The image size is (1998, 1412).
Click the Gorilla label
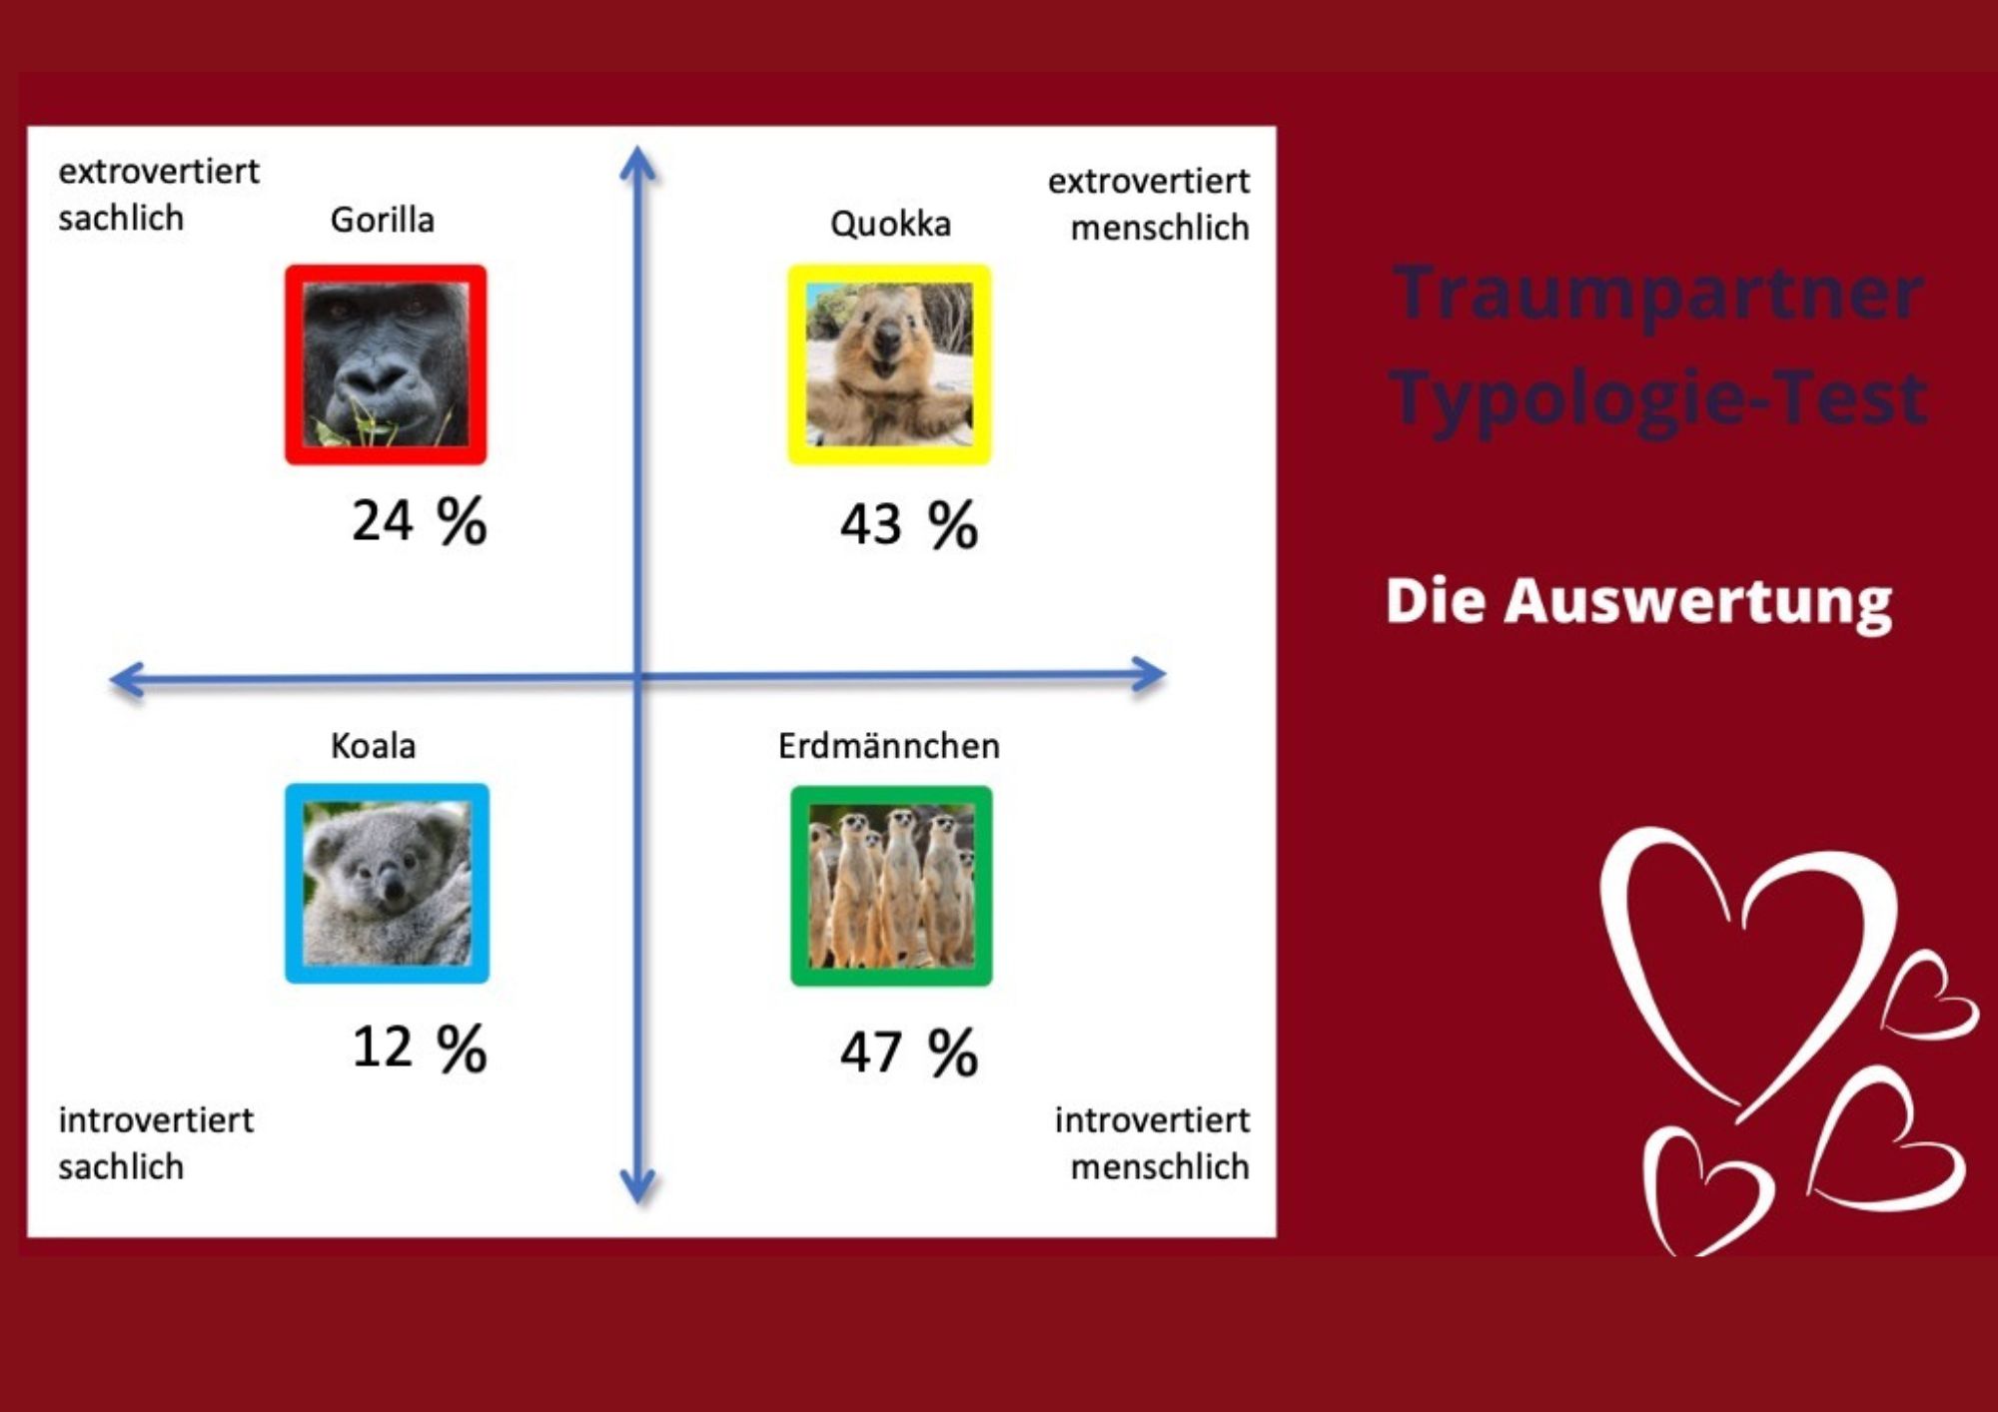[x=383, y=220]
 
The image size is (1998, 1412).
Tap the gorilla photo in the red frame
[x=386, y=364]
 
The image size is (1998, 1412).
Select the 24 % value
[x=420, y=520]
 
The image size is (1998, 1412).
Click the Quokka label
[x=890, y=224]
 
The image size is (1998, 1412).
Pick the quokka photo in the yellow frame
[x=889, y=364]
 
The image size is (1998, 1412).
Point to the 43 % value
[x=909, y=524]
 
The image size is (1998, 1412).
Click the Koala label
[x=373, y=745]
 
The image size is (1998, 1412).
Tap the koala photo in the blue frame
[x=387, y=884]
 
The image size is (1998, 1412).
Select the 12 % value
[x=420, y=1048]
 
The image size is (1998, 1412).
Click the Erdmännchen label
[x=889, y=745]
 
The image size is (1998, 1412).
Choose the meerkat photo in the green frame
[x=891, y=886]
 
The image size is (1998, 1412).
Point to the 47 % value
[x=909, y=1052]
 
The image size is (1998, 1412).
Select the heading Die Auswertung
[x=1638, y=601]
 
